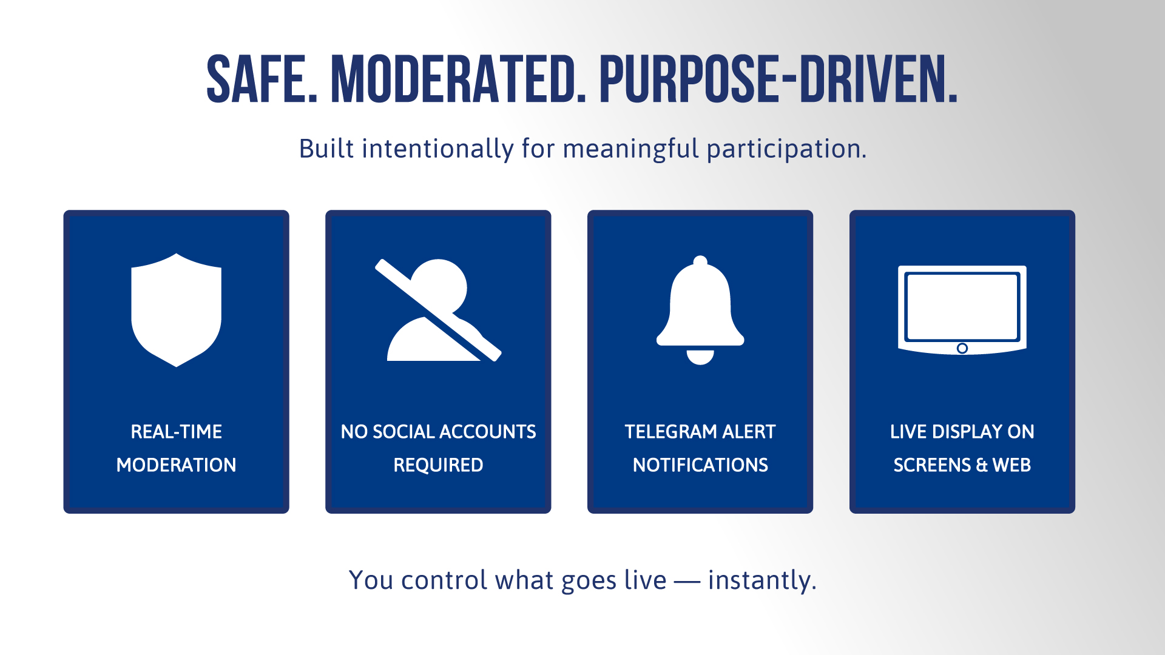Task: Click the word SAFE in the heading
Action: click(x=262, y=79)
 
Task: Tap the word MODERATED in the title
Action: click(x=458, y=79)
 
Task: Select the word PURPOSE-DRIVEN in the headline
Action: click(x=778, y=79)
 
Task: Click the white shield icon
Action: click(x=177, y=310)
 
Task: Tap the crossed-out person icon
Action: click(x=438, y=310)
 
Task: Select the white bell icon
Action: click(x=700, y=310)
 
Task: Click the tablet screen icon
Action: click(x=962, y=310)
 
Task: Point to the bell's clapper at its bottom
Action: click(x=700, y=357)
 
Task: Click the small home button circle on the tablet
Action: click(x=962, y=348)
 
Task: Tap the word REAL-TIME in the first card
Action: click(x=177, y=432)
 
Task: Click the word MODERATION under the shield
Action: click(x=177, y=465)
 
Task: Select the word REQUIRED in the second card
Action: click(x=438, y=465)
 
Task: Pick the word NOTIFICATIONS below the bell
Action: click(x=700, y=465)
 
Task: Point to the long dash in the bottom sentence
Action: click(x=687, y=582)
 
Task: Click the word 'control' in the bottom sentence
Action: click(x=445, y=580)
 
